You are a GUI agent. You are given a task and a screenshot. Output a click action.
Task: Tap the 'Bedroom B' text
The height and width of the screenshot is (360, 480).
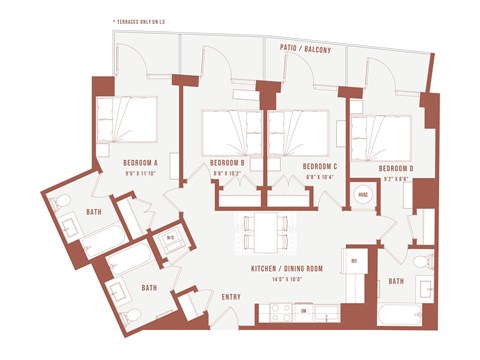click(228, 163)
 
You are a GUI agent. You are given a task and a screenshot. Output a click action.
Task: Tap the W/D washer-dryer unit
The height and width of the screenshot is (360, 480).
click(169, 238)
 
